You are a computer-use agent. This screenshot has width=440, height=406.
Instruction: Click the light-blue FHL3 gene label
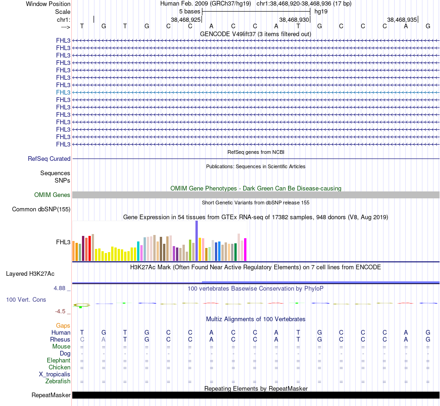coord(63,92)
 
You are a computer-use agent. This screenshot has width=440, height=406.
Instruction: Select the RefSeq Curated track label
coord(49,159)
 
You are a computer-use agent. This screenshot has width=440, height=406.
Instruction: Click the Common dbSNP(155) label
coord(41,209)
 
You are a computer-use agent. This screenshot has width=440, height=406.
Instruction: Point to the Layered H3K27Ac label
coord(30,273)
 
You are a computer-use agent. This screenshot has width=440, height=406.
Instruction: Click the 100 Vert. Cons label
coord(26,300)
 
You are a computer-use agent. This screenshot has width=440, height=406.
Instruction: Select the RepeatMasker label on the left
coord(51,395)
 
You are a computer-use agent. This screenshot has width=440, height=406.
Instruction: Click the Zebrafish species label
coord(58,381)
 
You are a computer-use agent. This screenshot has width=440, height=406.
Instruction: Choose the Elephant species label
coord(58,360)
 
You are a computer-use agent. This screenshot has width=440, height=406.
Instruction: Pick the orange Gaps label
coord(63,326)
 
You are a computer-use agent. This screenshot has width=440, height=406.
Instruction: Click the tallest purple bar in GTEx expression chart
coord(196,241)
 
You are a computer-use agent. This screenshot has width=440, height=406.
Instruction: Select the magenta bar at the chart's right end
coord(245,249)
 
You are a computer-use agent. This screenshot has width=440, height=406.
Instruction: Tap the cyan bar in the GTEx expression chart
coord(138,251)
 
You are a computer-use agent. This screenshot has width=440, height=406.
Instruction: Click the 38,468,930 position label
coord(294,20)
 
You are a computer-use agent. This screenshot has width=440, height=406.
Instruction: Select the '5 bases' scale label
coord(189,12)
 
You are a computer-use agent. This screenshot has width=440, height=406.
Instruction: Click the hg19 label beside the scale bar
coord(321,12)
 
